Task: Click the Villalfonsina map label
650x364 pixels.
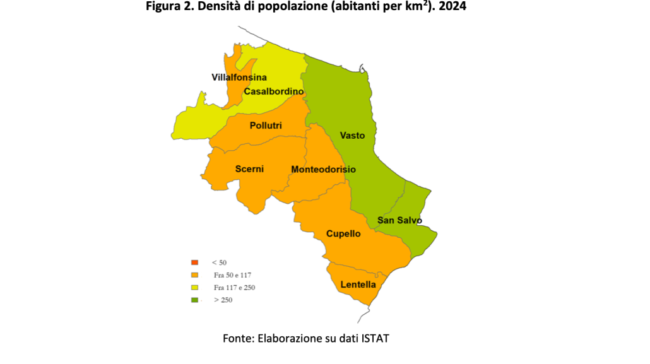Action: point(239,77)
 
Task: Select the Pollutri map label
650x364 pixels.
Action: point(266,126)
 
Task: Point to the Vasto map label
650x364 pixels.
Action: point(352,135)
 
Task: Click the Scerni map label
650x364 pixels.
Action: point(249,168)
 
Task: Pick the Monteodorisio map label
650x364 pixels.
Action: point(323,170)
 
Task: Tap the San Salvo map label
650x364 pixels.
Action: point(399,220)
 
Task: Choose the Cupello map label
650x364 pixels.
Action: point(343,233)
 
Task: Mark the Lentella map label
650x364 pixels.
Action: point(358,285)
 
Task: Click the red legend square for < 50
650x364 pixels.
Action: point(194,262)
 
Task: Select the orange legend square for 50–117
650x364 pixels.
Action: point(194,275)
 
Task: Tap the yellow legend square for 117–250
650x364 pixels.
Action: point(194,288)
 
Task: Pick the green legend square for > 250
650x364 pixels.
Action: point(194,300)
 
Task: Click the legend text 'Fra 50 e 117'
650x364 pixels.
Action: point(233,275)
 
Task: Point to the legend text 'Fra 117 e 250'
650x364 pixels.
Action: point(234,288)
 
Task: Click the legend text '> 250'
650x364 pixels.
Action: point(223,300)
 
